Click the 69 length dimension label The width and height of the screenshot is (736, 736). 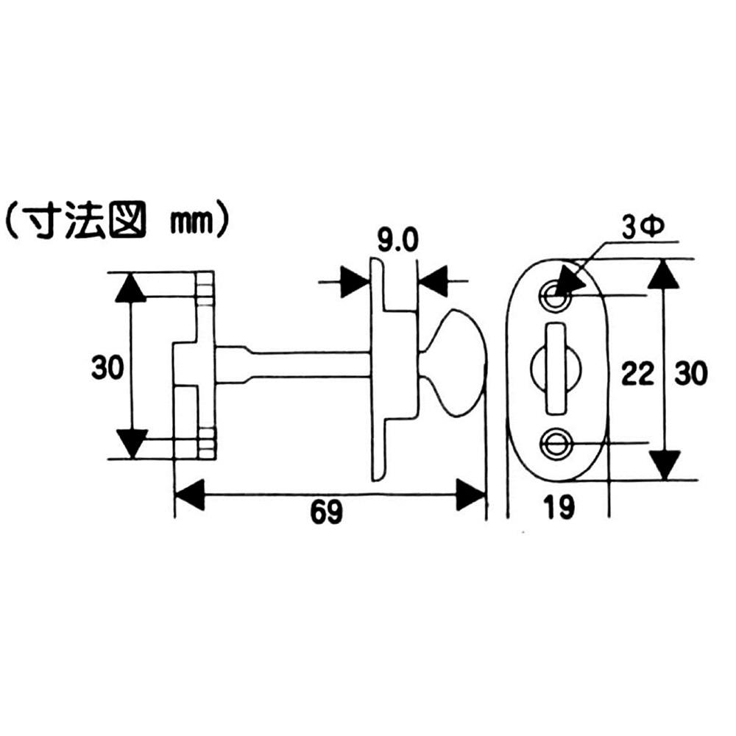[x=327, y=512]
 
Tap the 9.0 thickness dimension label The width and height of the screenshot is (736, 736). [x=397, y=241]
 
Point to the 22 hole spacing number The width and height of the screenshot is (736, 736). [x=637, y=374]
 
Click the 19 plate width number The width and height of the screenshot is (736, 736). [x=559, y=507]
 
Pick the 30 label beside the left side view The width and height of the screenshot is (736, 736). [x=107, y=367]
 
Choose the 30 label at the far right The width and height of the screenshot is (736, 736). [x=690, y=374]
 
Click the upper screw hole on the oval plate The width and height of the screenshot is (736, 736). [x=555, y=296]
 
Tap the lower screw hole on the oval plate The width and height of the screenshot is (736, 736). [x=555, y=442]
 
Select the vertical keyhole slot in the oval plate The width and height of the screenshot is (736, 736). [x=556, y=369]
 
